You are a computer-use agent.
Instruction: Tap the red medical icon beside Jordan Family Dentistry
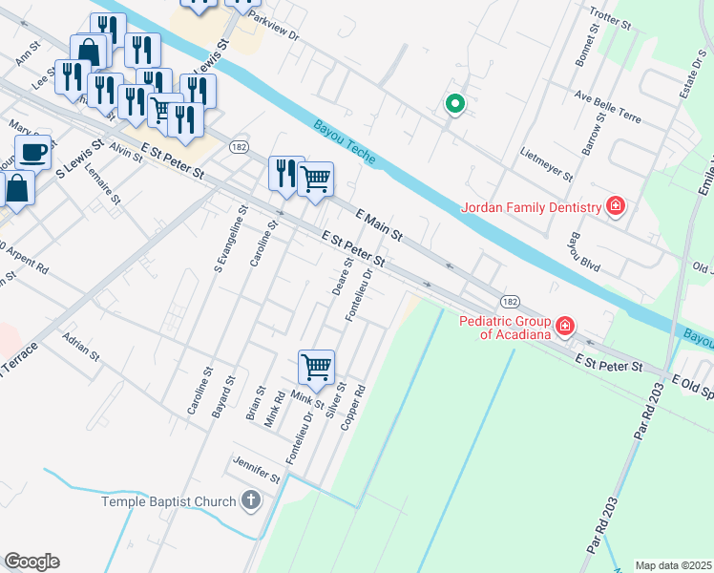616,206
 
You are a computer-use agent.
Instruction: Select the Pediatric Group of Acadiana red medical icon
565,327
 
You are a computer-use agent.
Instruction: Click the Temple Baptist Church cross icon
250,500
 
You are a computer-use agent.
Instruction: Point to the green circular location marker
455,104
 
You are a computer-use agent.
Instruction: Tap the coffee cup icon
33,151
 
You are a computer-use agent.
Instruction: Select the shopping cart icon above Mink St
316,365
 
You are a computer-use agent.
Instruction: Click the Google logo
31,562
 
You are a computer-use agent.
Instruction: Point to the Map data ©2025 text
672,565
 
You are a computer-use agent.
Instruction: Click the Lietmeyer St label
547,163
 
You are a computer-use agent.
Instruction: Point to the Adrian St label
80,346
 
